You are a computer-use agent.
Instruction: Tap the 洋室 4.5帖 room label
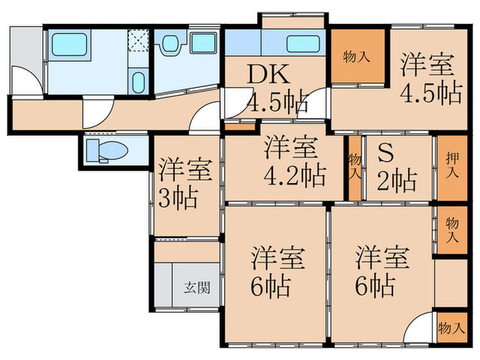(x=429, y=79)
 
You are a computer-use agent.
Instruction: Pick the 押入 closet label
(x=446, y=165)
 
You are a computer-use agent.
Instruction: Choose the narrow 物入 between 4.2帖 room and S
(x=355, y=167)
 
